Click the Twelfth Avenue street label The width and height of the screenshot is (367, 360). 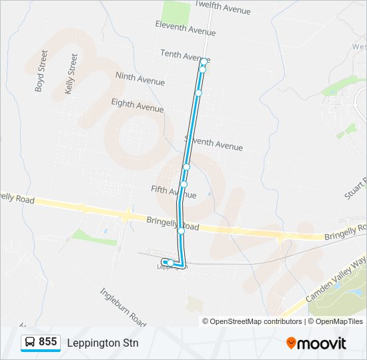point(223,9)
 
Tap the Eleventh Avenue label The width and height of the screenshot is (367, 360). point(185,28)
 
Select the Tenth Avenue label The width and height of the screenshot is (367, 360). point(186,55)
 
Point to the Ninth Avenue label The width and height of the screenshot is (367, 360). point(139,79)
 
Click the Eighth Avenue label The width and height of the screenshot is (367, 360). point(137,105)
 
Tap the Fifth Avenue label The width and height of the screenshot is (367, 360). point(173,192)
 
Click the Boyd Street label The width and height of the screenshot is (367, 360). point(41,71)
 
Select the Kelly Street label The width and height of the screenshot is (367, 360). point(71,73)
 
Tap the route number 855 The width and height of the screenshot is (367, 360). point(47,342)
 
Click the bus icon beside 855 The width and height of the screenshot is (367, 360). point(31,343)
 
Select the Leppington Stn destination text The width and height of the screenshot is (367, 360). point(103,343)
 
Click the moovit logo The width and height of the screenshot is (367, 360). point(316,343)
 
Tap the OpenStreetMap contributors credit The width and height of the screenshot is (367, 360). point(252,321)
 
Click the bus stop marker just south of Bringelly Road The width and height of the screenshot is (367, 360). point(181,231)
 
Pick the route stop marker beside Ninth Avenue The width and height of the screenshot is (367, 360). point(198,93)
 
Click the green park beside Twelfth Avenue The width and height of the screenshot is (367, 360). point(175,12)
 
